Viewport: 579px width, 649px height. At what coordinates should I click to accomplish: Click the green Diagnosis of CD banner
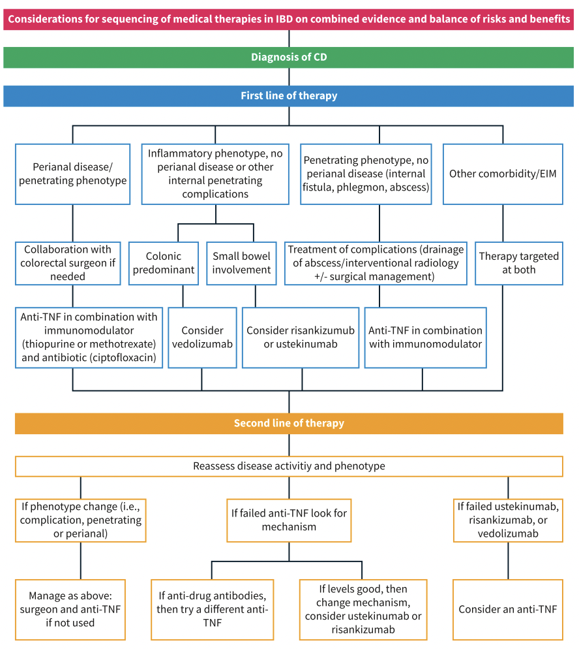(288, 57)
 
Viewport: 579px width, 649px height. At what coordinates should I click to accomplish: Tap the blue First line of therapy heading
(288, 96)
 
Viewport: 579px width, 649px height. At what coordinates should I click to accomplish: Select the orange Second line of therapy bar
(289, 424)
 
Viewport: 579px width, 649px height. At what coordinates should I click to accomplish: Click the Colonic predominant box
(164, 263)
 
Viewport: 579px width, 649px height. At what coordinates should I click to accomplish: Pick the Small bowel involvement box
(241, 263)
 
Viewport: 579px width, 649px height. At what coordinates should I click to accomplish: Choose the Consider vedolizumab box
(203, 338)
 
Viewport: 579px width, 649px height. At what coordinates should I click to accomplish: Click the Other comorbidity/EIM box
(503, 174)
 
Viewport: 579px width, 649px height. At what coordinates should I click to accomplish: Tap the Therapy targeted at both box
(519, 263)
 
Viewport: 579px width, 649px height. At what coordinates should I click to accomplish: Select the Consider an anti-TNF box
(508, 610)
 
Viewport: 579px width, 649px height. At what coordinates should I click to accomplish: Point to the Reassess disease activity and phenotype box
(289, 466)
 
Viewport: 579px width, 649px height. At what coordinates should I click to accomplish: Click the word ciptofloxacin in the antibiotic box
(121, 358)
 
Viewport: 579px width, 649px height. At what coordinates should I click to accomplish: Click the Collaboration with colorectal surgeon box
(68, 263)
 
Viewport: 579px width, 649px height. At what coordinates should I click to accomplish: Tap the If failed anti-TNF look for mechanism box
(289, 520)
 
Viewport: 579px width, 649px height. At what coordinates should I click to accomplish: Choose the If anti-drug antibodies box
(213, 610)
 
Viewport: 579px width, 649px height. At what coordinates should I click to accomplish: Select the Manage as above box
(70, 610)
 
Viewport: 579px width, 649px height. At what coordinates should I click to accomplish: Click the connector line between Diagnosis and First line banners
(289, 77)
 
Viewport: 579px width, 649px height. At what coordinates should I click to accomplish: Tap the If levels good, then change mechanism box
(363, 610)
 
